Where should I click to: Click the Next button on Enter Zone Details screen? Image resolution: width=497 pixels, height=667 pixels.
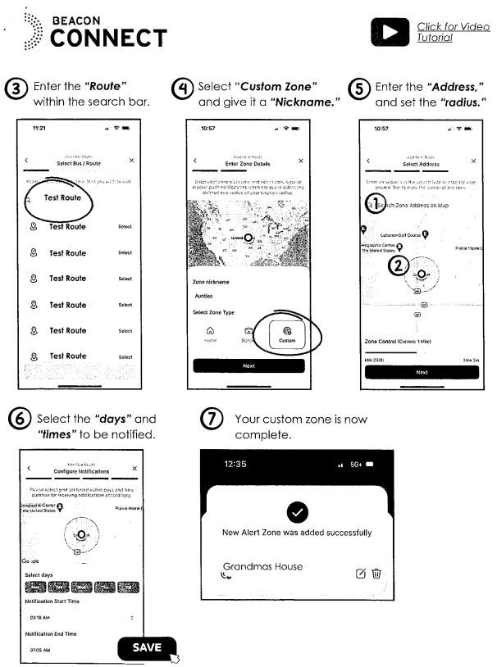pos(248,365)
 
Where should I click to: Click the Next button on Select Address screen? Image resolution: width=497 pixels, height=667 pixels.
pos(422,371)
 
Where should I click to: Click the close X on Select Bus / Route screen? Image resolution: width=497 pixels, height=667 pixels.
pos(131,160)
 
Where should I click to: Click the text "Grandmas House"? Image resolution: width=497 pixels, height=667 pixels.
pos(262,566)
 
